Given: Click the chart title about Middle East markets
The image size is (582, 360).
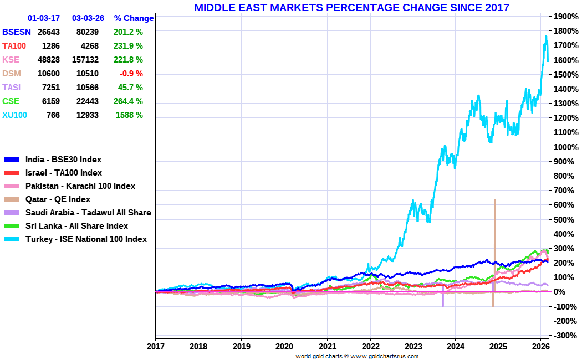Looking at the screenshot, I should [351, 7].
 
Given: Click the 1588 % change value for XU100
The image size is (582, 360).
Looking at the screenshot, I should [129, 115].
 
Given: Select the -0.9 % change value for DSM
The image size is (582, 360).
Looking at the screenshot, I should [130, 74].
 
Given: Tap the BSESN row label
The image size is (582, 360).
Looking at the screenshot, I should [16, 32].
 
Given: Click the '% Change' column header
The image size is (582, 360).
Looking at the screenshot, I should [134, 18].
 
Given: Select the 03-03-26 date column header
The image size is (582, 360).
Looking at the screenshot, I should [88, 18].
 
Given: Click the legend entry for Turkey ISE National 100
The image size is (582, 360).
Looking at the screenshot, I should [86, 239].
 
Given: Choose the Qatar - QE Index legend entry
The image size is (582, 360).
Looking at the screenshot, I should [58, 199].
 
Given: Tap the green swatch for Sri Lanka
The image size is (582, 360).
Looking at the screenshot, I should [12, 227].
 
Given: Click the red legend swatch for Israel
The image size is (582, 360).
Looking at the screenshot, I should [12, 173].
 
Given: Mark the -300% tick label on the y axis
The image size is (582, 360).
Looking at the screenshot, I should [566, 335].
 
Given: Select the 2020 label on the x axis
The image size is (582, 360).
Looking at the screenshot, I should [284, 347].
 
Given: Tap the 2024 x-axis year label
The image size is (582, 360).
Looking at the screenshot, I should [455, 347].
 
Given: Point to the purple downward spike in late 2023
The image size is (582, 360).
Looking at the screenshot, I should [443, 299].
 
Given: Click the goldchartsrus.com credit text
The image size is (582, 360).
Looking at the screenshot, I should [357, 356].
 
